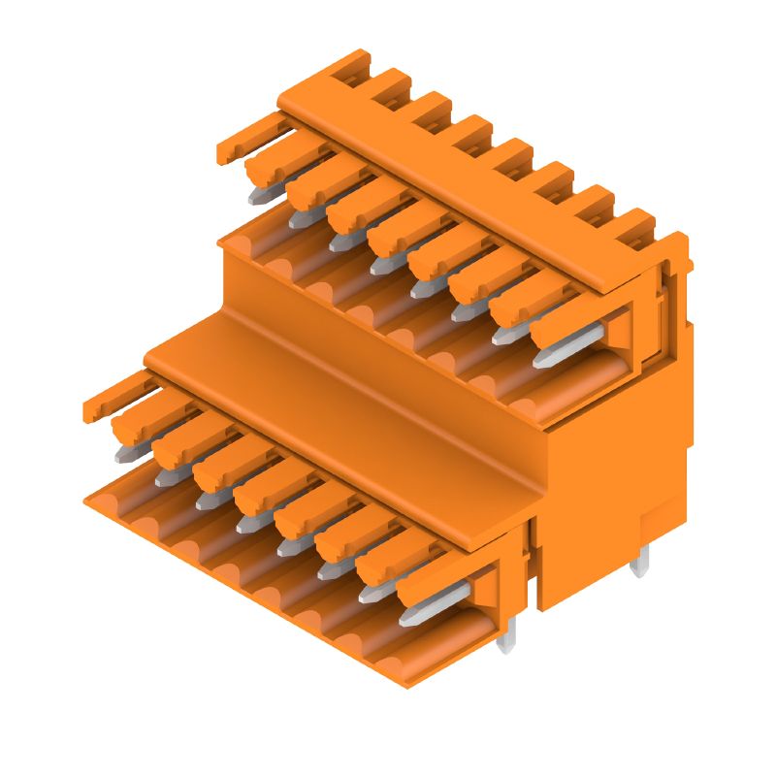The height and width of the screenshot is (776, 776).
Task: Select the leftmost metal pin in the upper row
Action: click(258, 195)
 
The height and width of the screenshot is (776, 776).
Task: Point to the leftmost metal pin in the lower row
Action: click(126, 451)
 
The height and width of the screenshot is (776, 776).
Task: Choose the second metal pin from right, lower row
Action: click(372, 590)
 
